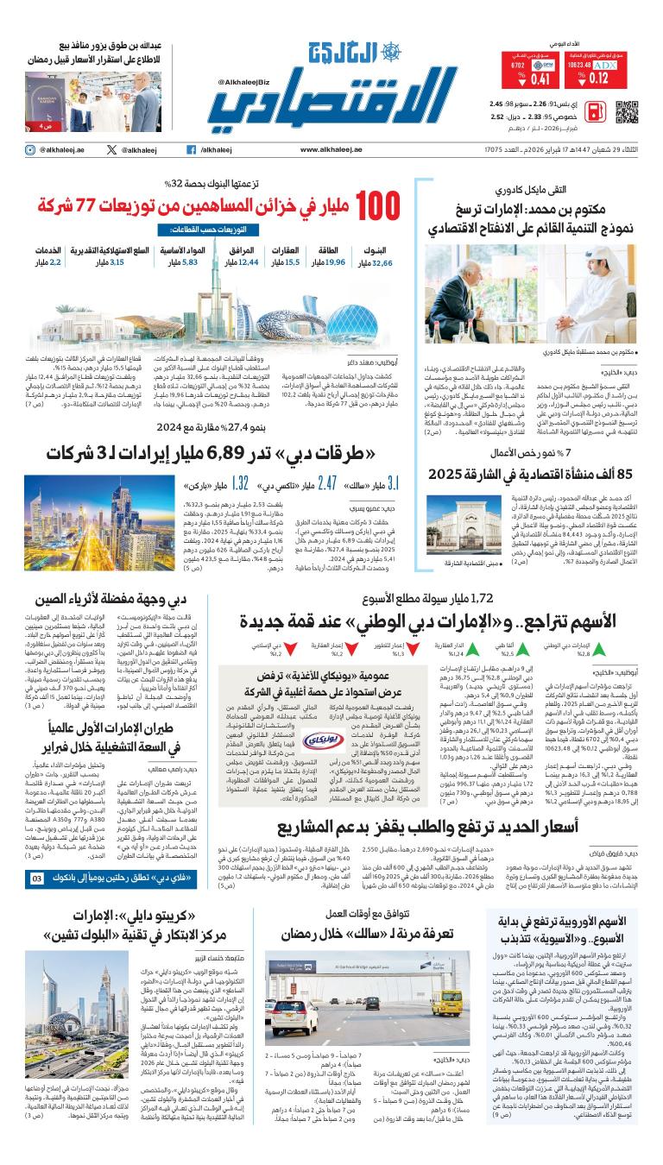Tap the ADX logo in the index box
tap(605, 64)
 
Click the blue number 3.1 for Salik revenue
tap(392, 484)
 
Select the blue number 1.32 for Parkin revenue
tap(240, 484)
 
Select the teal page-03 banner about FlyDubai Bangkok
tap(112, 878)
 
